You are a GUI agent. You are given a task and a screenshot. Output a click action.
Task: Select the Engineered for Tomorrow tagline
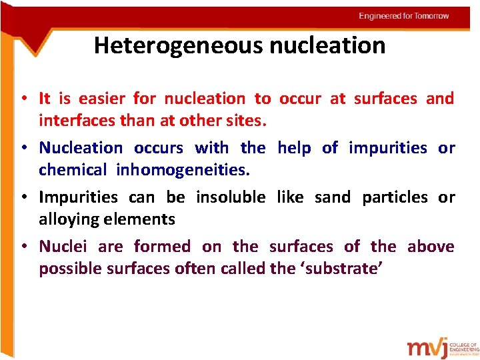tap(404, 15)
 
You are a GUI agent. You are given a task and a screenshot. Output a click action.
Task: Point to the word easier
tap(103, 99)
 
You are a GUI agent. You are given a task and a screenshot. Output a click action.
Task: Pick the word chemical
tap(72, 170)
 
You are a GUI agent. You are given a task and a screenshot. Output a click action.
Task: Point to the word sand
tap(333, 197)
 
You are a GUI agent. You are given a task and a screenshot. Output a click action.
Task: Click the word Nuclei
tap(63, 247)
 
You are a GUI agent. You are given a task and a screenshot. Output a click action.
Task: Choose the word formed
tap(162, 247)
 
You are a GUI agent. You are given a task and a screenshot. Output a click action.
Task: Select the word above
tap(431, 247)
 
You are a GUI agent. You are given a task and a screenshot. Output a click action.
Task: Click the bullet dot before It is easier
tap(23, 99)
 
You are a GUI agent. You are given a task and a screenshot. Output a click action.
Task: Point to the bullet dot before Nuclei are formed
tap(23, 247)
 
